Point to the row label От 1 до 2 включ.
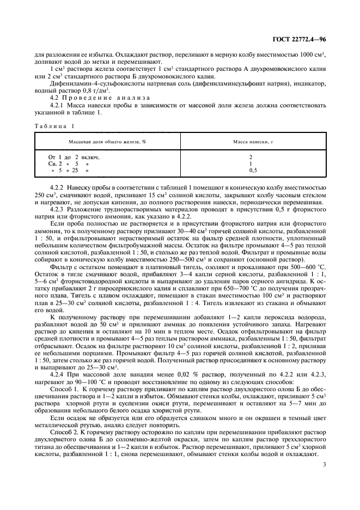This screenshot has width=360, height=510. tap(74, 157)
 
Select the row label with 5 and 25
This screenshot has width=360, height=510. tap(69, 170)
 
